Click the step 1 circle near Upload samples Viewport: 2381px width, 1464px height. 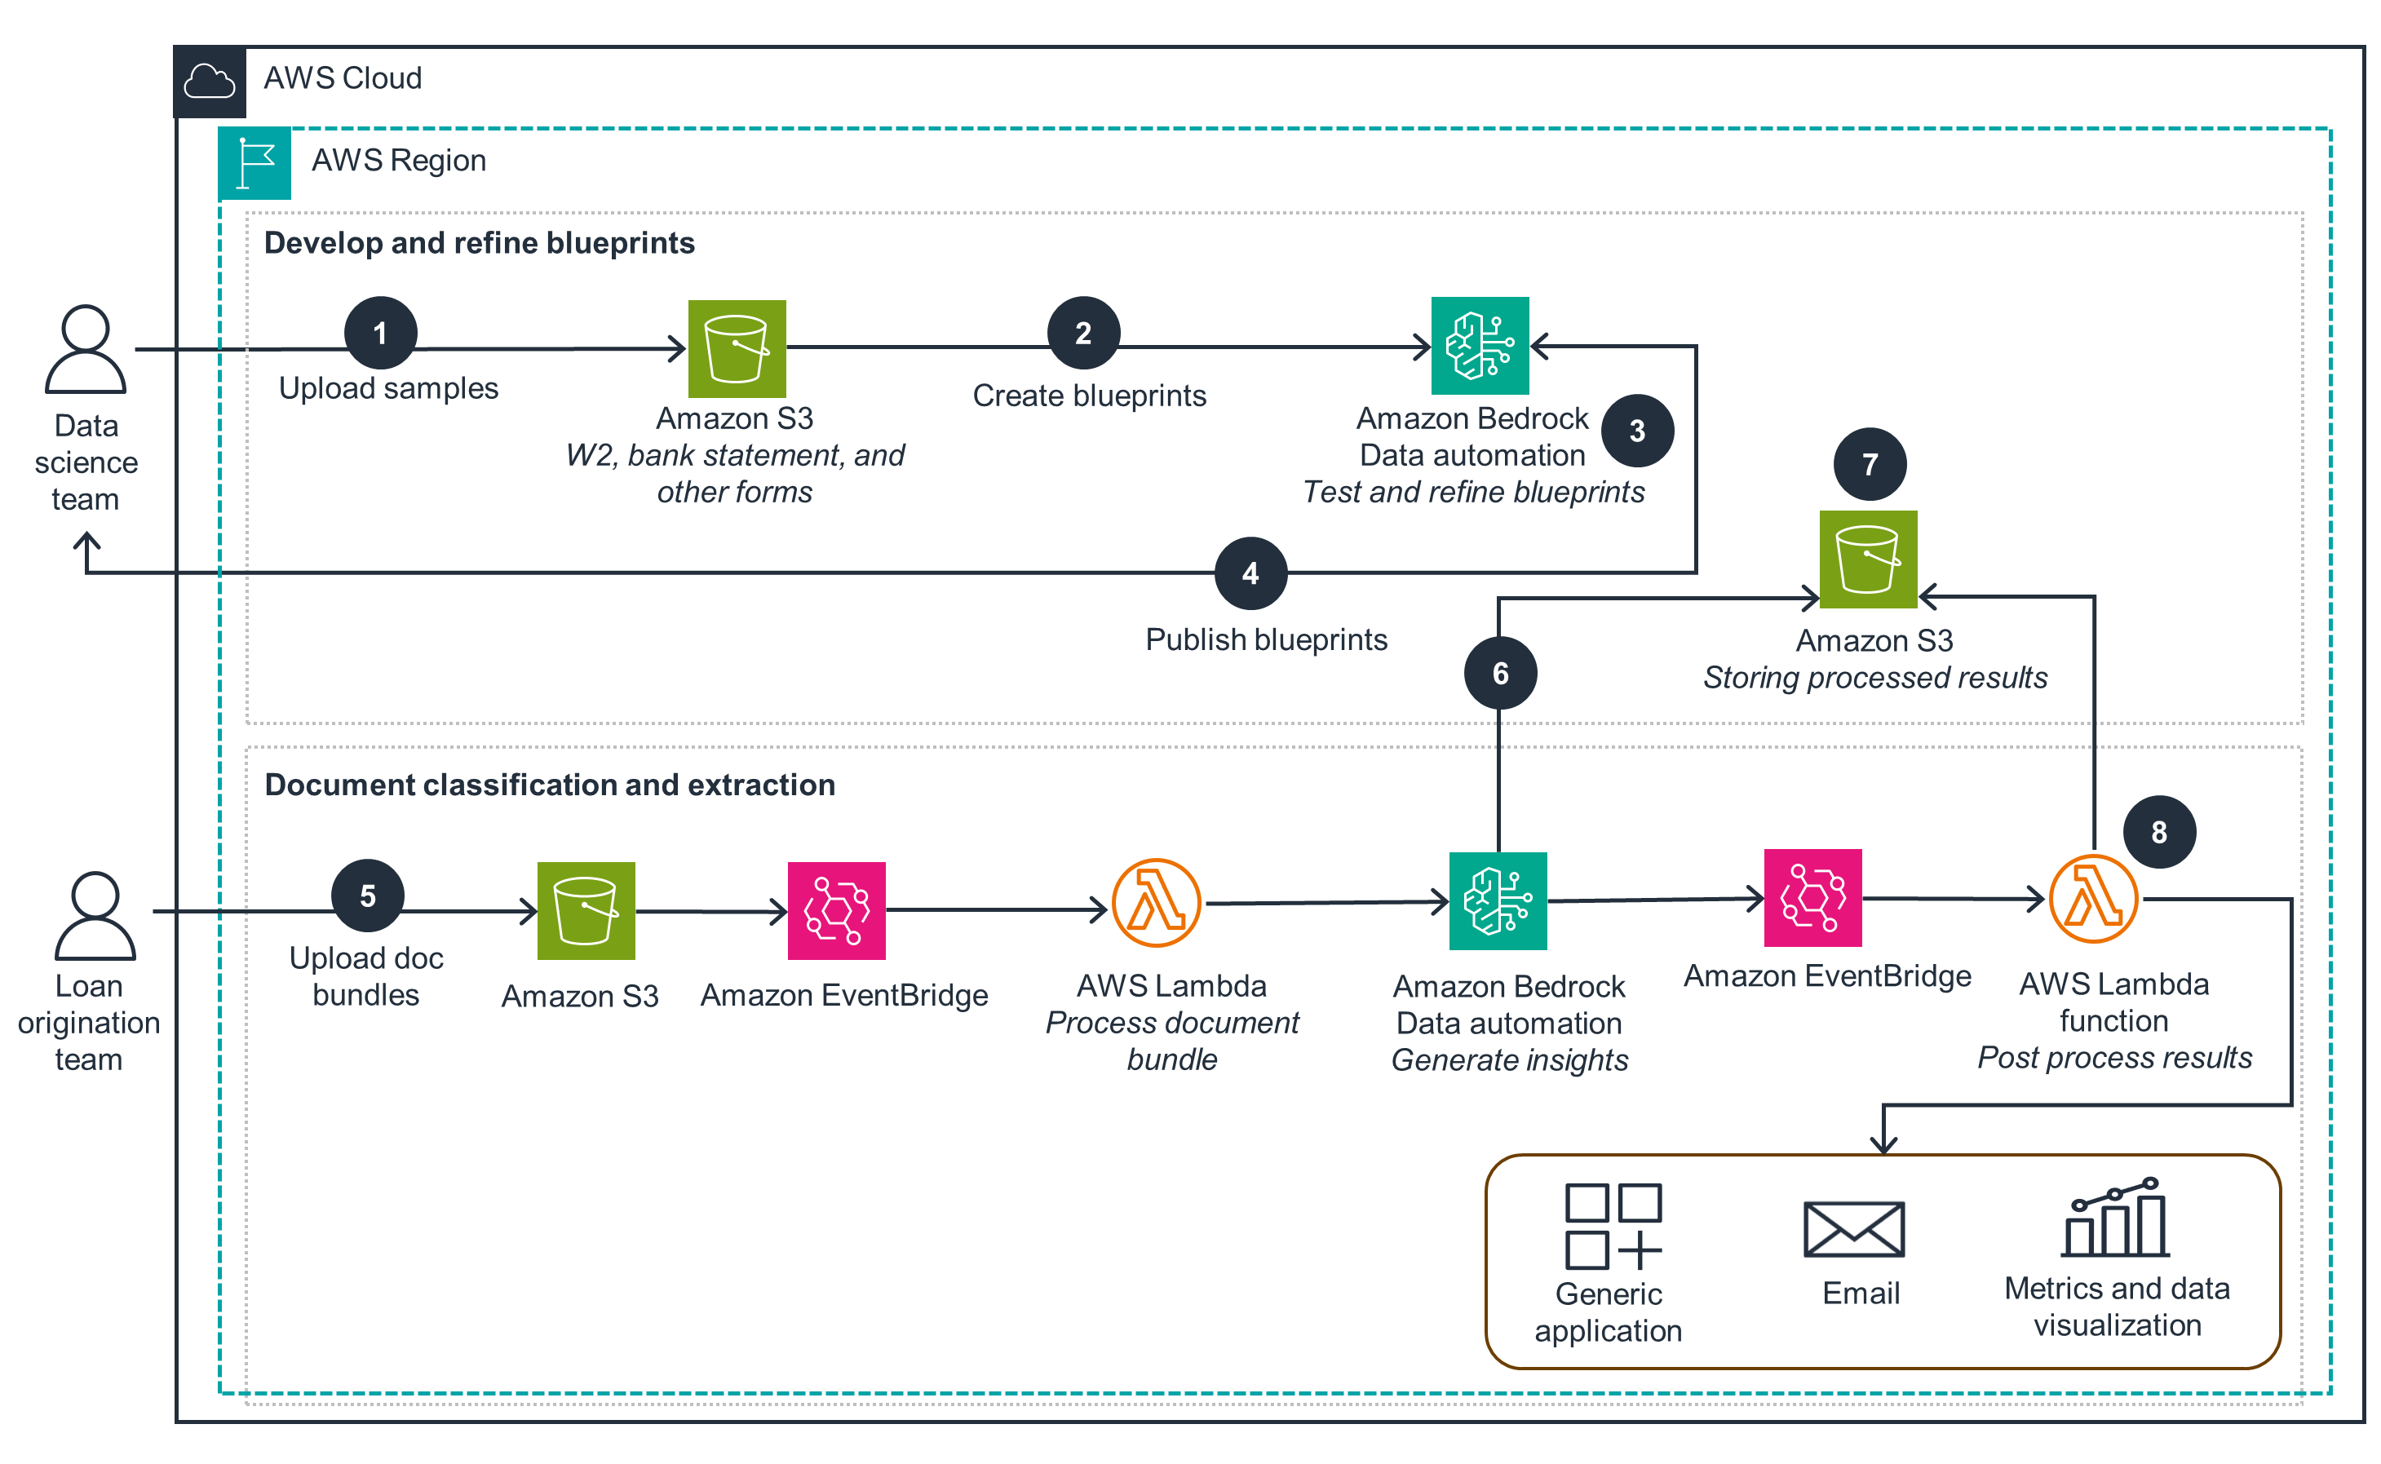(x=381, y=333)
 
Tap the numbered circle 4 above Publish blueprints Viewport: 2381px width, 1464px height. (x=1250, y=573)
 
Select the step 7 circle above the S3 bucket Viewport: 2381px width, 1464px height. (x=1869, y=464)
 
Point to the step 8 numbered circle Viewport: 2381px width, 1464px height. (x=2158, y=832)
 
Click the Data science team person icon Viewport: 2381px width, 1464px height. (x=85, y=350)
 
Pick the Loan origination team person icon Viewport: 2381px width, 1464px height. (x=95, y=916)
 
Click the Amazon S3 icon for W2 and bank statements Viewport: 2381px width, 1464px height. (x=736, y=348)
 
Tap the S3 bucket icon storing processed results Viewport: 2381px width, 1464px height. (x=1867, y=559)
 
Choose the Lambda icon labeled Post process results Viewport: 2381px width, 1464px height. (x=2093, y=899)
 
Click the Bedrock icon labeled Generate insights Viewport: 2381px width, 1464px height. (x=1497, y=900)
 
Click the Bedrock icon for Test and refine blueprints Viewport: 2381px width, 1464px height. (x=1479, y=346)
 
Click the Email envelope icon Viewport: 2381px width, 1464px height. (x=1853, y=1229)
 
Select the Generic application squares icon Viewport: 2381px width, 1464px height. (x=1612, y=1225)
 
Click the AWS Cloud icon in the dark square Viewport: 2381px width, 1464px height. (x=209, y=82)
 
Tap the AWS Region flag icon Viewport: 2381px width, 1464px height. (x=254, y=162)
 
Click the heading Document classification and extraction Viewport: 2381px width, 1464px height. (x=549, y=785)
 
